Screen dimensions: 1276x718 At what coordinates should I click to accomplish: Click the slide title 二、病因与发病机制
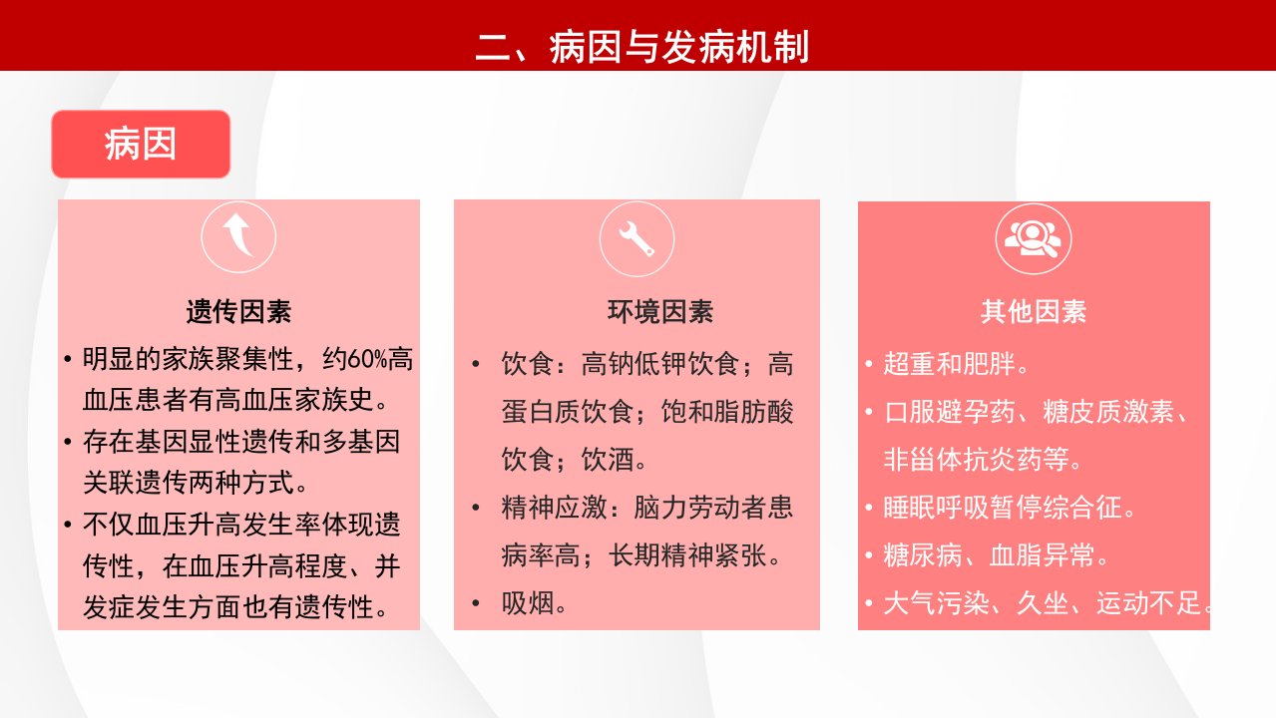[x=641, y=47]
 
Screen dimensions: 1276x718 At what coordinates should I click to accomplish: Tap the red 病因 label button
[x=141, y=144]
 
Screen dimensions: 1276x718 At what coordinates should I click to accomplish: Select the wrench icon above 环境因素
[x=637, y=238]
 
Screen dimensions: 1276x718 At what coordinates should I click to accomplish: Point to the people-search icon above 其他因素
[x=1033, y=238]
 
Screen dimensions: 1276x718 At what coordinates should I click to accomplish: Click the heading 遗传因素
[x=238, y=312]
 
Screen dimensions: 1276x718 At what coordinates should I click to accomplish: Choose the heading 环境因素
[x=660, y=312]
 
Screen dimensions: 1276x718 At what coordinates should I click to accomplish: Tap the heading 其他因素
[x=1034, y=312]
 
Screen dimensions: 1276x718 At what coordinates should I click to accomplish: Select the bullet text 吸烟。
[x=534, y=603]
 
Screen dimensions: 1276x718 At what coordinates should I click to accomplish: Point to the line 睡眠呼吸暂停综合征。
[x=1010, y=508]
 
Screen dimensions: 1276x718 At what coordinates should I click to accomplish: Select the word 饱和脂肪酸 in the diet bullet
[x=727, y=412]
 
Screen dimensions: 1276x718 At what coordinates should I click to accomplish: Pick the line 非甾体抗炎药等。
[x=983, y=460]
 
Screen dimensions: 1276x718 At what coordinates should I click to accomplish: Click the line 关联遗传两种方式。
[x=196, y=483]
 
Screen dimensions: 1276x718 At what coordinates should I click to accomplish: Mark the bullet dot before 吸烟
[x=476, y=603]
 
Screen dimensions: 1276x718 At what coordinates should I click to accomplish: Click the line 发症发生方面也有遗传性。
[x=235, y=607]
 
